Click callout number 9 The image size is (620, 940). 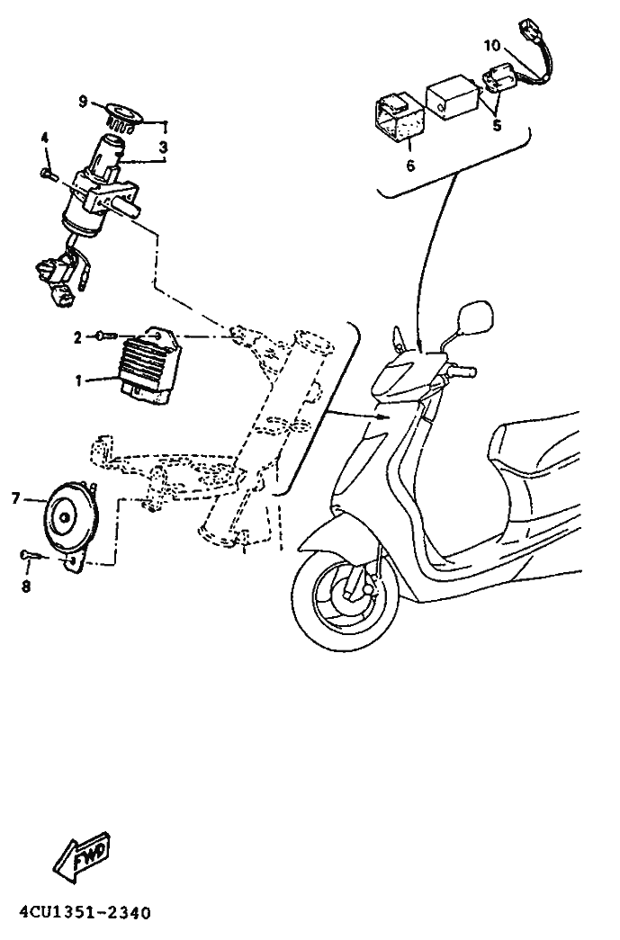[x=83, y=102]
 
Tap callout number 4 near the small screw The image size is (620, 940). [x=44, y=138]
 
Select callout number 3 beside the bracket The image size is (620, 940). [x=163, y=147]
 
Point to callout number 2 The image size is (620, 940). [x=77, y=338]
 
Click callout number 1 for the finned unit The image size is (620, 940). [x=78, y=380]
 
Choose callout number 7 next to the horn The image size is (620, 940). [x=16, y=497]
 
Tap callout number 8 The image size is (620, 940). [x=26, y=586]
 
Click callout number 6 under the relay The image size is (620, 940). [x=410, y=166]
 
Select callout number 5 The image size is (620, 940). [x=497, y=126]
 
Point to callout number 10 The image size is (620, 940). [x=491, y=46]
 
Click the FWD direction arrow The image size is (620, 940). [x=82, y=857]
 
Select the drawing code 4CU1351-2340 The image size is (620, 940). [x=85, y=914]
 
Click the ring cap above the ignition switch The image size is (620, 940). [x=123, y=115]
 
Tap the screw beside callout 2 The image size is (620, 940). [x=105, y=337]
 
